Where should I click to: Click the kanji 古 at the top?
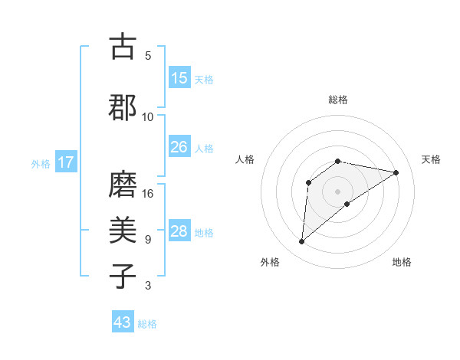coord(123,47)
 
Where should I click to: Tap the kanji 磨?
coord(123,185)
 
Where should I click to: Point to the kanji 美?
coord(123,231)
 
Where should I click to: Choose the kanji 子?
coord(123,277)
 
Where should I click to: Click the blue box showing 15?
coord(179,78)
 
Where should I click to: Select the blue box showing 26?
coord(179,147)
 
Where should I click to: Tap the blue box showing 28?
coord(179,231)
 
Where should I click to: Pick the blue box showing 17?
coord(65,162)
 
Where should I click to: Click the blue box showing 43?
coord(123,322)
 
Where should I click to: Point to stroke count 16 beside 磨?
coord(149,194)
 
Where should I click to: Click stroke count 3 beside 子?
coord(148,286)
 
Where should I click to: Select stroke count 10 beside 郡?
coord(148,116)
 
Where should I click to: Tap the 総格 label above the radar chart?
coord(338,100)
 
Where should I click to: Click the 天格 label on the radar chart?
coord(431,159)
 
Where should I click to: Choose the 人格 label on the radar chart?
coord(245,159)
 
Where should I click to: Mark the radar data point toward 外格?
coord(302,242)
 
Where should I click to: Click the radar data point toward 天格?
coord(396,172)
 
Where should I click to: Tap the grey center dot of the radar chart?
coord(338,191)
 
